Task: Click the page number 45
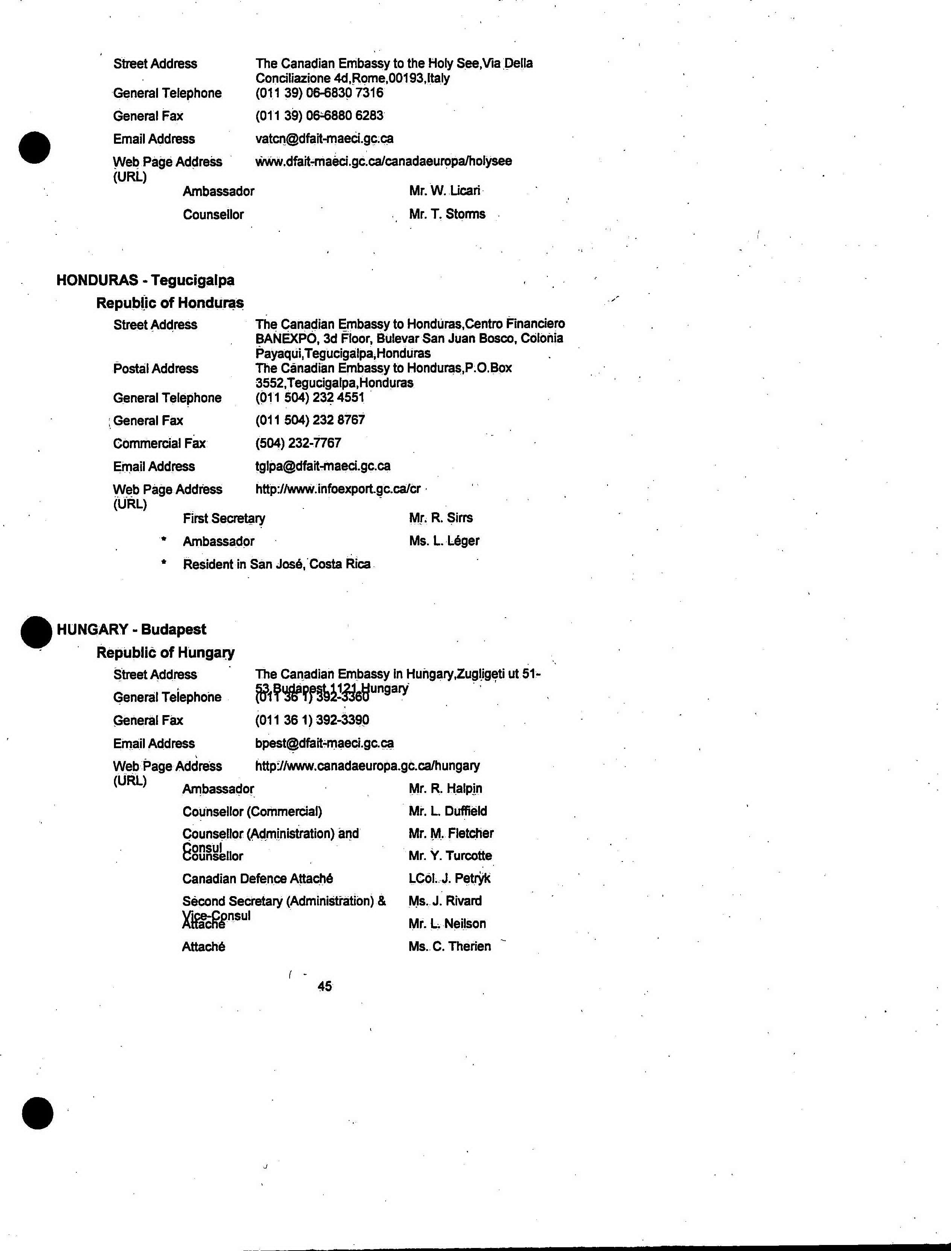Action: (324, 986)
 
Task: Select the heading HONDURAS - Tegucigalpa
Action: (145, 280)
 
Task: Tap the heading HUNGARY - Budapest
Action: (131, 629)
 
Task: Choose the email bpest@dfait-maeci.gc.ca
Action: (324, 743)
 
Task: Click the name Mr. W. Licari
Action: (444, 191)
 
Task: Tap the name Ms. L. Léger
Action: (444, 541)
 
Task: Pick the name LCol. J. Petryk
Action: (449, 878)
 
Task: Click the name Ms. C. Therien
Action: (450, 946)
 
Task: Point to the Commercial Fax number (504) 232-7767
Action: (298, 443)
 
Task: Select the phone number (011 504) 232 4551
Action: (310, 397)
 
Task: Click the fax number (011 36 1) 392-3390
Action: (312, 720)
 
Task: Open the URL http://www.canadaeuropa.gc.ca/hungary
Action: (368, 766)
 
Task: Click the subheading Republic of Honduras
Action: (170, 303)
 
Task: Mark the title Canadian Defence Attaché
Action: (258, 878)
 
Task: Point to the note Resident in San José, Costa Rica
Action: (276, 564)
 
